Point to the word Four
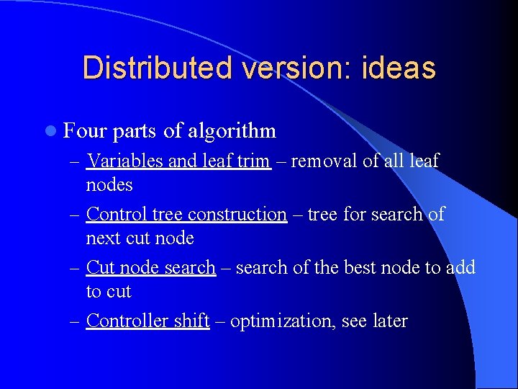click(84, 130)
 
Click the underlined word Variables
click(124, 161)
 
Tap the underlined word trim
click(253, 161)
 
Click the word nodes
click(109, 185)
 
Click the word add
click(460, 267)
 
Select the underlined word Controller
click(124, 321)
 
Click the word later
click(389, 321)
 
